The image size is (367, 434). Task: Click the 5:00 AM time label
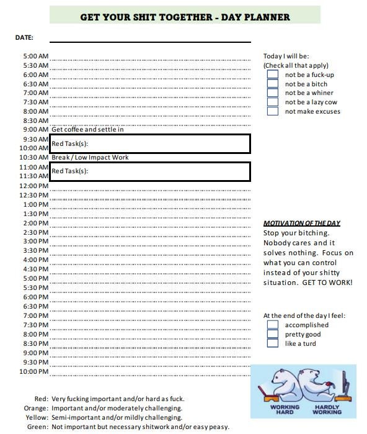pos(35,56)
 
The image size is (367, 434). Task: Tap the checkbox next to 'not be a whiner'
pos(272,93)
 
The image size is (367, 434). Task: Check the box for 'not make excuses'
pos(272,112)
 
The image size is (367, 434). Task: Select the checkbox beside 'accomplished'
pos(272,325)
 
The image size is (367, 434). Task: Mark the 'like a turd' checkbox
pos(272,343)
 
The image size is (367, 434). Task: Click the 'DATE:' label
pos(24,38)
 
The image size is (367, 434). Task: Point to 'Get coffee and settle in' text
pos(87,130)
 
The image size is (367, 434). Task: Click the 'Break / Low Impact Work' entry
pos(90,158)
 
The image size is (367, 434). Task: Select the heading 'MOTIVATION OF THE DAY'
pos(302,223)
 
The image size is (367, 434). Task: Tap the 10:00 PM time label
pos(34,371)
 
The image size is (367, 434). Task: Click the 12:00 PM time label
pos(34,186)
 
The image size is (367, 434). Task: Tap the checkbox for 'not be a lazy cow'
pos(272,102)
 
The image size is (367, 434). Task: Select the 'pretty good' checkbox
pos(272,334)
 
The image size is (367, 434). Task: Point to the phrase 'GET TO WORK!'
pos(328,283)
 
